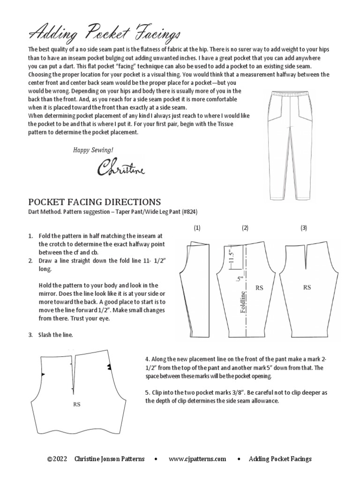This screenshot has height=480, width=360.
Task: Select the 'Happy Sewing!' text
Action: [x=93, y=150]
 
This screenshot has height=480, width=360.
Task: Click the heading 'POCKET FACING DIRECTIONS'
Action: [x=95, y=202]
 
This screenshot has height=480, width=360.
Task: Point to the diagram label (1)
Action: [x=197, y=228]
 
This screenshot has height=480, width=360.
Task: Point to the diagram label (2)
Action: [x=245, y=228]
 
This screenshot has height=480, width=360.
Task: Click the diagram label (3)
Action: [x=304, y=228]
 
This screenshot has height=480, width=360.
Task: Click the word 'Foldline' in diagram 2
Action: [x=243, y=303]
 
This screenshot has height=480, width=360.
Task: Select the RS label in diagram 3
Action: [x=307, y=288]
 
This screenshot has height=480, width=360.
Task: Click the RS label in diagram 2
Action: [x=259, y=288]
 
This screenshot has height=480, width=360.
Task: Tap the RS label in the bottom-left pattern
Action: [x=76, y=404]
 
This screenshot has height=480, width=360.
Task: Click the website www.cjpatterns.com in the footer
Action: [x=197, y=459]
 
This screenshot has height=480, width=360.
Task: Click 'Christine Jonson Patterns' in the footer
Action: [x=109, y=459]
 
